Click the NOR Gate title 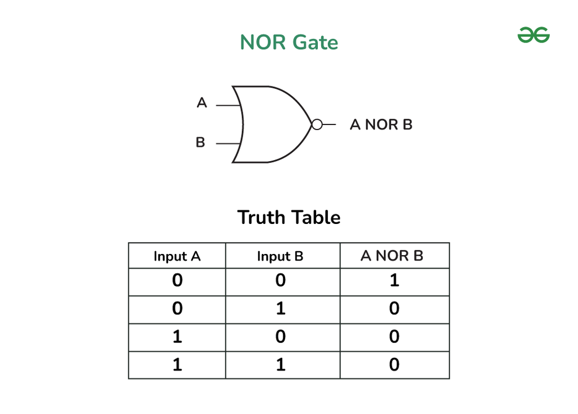tap(289, 42)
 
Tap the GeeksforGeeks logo tap(533, 36)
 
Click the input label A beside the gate tap(202, 103)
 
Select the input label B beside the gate tap(200, 143)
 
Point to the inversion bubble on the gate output tap(317, 124)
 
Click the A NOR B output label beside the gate tap(381, 124)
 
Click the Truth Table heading tap(289, 218)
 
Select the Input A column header tap(177, 256)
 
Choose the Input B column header tap(281, 256)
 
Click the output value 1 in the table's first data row tap(395, 281)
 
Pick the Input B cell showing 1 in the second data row tap(281, 309)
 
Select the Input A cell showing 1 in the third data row tap(177, 337)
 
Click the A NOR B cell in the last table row tap(395, 365)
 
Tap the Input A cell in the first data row tap(177, 281)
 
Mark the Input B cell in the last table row tap(281, 365)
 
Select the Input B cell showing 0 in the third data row tap(281, 337)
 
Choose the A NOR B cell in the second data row tap(395, 309)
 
